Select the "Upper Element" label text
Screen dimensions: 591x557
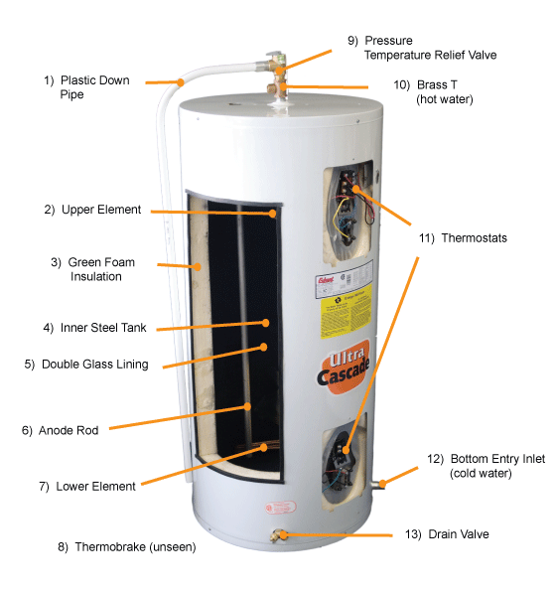coord(96,210)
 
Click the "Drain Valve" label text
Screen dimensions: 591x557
coord(458,534)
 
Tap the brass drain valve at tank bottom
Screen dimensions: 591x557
coord(279,536)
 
